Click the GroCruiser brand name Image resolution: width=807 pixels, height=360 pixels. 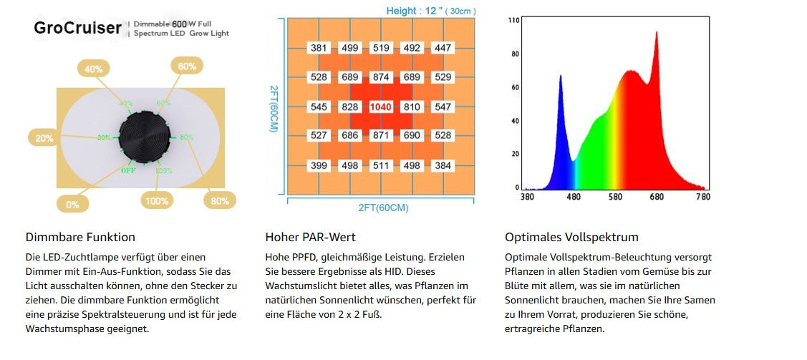(x=77, y=28)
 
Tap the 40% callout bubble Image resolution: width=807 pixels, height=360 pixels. (x=94, y=69)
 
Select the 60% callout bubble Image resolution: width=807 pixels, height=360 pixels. (x=187, y=67)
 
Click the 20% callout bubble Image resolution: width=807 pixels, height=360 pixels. (x=44, y=138)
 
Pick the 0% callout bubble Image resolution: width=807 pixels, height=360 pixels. (x=73, y=204)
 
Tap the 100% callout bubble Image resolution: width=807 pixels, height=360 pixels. (x=158, y=201)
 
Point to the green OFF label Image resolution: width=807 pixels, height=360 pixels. (x=128, y=170)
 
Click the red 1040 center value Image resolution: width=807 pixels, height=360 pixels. (x=381, y=107)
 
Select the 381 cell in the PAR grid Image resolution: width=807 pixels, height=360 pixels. (x=319, y=48)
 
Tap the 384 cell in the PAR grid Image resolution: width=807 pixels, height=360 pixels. (x=443, y=166)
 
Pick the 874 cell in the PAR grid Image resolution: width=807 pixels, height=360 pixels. (x=381, y=77)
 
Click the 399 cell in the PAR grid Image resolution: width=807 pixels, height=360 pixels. (x=319, y=166)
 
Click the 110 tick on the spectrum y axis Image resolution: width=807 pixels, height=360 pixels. (x=513, y=20)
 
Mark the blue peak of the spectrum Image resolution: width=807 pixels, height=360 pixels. (x=560, y=76)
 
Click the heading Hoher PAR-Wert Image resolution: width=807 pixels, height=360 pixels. (x=310, y=237)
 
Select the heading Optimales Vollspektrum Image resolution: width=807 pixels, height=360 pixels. (x=571, y=237)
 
